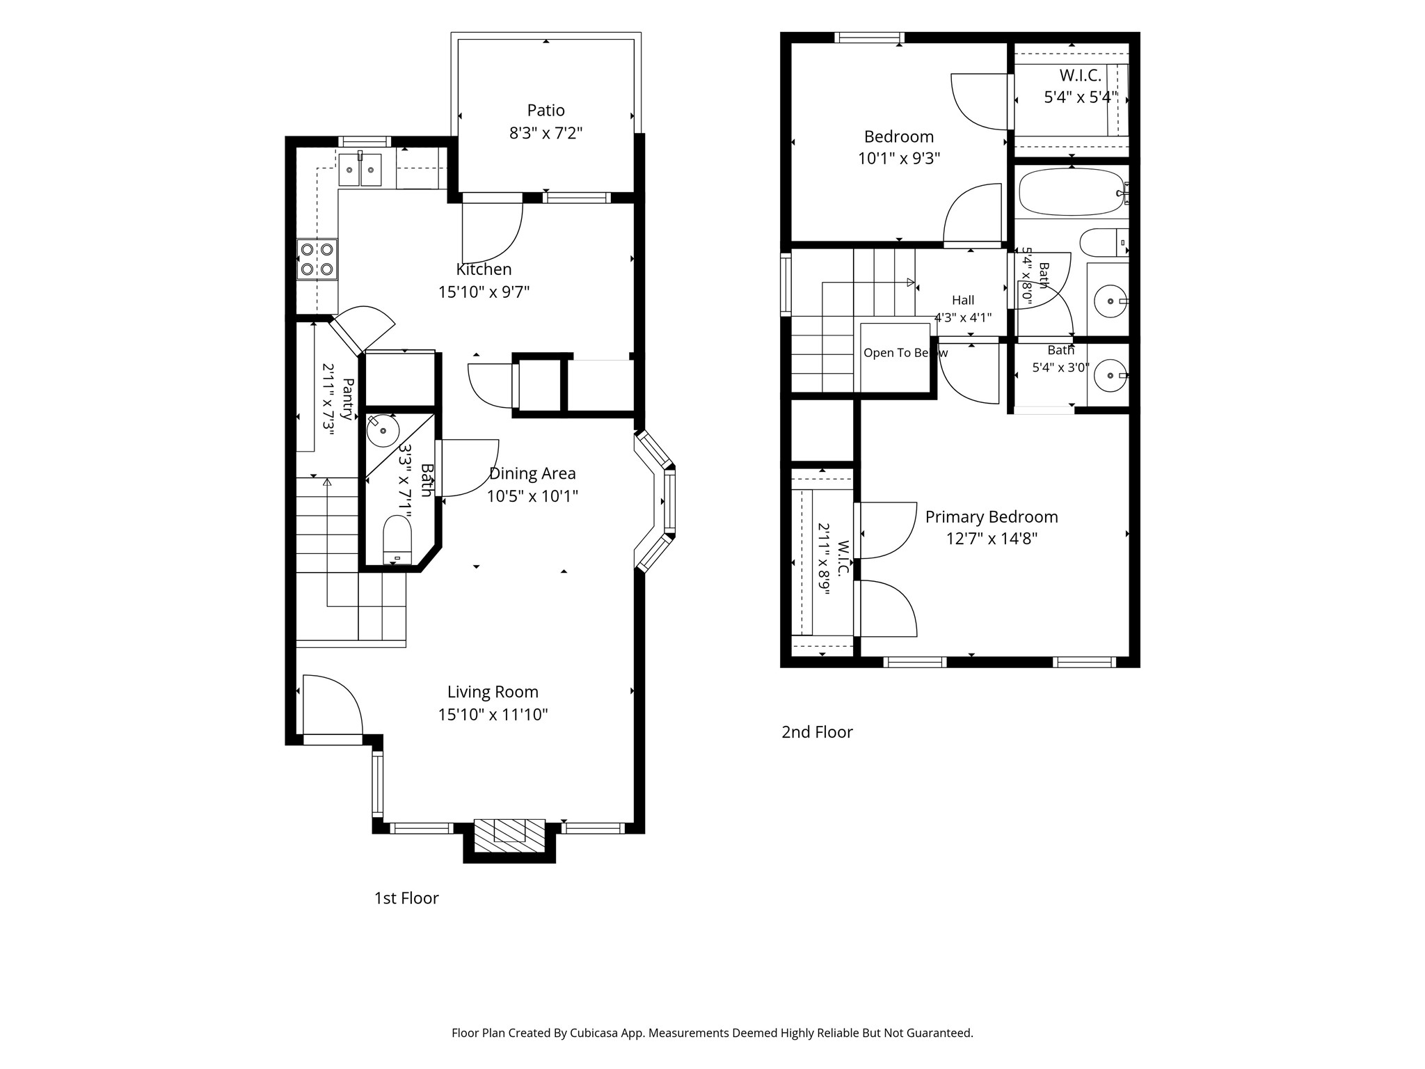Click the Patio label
click(546, 110)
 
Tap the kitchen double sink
click(360, 170)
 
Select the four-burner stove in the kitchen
click(317, 259)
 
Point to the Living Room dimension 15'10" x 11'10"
click(493, 714)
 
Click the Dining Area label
click(532, 473)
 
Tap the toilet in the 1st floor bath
click(397, 539)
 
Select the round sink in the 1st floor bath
click(382, 431)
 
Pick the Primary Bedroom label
click(992, 516)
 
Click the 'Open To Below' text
click(905, 353)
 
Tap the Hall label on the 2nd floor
click(963, 300)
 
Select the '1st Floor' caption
click(406, 898)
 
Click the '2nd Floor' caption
click(817, 731)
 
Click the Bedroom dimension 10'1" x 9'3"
click(899, 159)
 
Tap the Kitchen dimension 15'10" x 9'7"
click(484, 292)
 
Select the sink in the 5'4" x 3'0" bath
click(1110, 375)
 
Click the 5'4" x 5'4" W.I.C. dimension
click(1081, 97)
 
